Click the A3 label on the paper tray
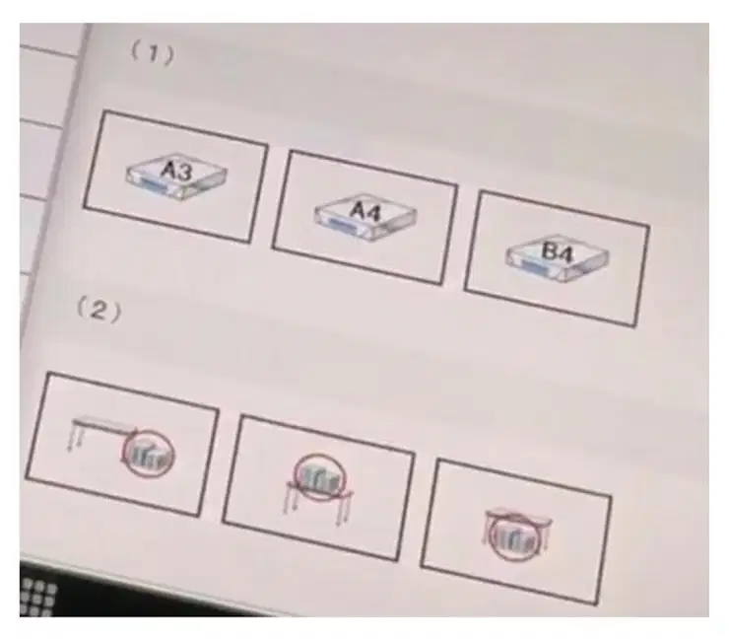click(176, 171)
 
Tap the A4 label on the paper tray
click(365, 211)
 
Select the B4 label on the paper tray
click(558, 252)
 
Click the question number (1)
click(153, 53)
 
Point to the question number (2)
click(99, 310)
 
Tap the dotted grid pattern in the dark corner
click(38, 597)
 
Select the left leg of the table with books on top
click(290, 498)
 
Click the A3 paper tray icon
click(176, 177)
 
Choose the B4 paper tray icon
click(558, 258)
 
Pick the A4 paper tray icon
click(365, 217)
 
